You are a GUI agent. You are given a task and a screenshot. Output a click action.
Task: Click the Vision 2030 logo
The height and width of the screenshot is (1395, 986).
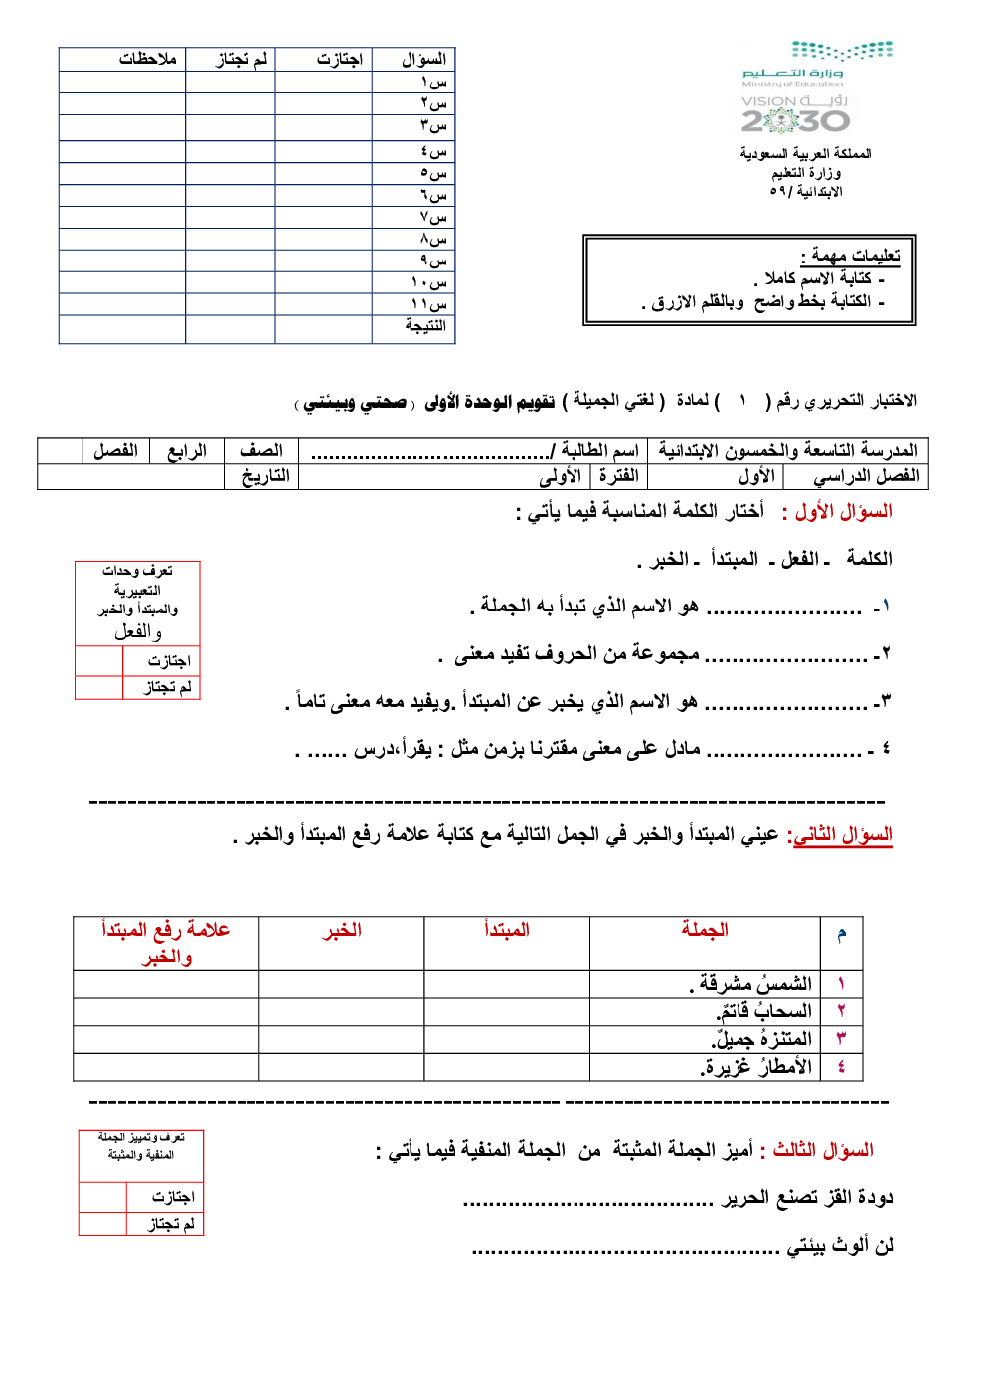pyautogui.click(x=795, y=114)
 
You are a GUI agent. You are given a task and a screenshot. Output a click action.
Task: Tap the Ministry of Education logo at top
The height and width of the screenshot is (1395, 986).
pyautogui.click(x=817, y=62)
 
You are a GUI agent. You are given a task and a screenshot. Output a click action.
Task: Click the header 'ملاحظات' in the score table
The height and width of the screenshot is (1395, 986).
pyautogui.click(x=147, y=60)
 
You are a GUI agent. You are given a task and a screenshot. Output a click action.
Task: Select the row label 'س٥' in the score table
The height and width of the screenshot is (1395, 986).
pyautogui.click(x=433, y=173)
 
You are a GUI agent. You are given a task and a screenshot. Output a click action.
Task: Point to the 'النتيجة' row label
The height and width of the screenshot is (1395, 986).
pyautogui.click(x=424, y=326)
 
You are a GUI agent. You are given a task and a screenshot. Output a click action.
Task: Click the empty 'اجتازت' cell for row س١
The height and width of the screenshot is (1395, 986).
pyautogui.click(x=324, y=82)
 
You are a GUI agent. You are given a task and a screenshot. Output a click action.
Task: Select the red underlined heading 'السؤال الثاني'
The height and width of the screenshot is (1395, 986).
pyautogui.click(x=840, y=835)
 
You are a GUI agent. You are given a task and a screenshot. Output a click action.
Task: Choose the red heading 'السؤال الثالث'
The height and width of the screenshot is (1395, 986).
pyautogui.click(x=822, y=1150)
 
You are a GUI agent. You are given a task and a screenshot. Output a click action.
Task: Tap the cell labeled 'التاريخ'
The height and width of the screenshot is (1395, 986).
pyautogui.click(x=264, y=476)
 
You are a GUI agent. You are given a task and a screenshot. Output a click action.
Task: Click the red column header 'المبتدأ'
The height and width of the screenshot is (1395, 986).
pyautogui.click(x=506, y=931)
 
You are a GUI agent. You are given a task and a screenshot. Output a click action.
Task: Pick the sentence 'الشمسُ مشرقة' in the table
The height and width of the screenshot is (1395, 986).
pyautogui.click(x=751, y=984)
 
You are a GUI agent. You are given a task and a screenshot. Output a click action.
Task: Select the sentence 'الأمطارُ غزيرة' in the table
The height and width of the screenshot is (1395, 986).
pyautogui.click(x=755, y=1067)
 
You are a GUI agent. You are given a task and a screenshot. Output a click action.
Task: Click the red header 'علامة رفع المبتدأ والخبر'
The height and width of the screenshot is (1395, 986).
pyautogui.click(x=166, y=943)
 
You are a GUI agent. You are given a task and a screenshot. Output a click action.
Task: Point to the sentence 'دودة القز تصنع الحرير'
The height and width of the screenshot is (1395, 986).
pyautogui.click(x=806, y=1197)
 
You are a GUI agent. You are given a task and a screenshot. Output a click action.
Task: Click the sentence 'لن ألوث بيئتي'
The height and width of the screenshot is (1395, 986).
pyautogui.click(x=840, y=1245)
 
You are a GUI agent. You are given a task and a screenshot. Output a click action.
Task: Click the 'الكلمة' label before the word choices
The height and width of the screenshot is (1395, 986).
pyautogui.click(x=869, y=559)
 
